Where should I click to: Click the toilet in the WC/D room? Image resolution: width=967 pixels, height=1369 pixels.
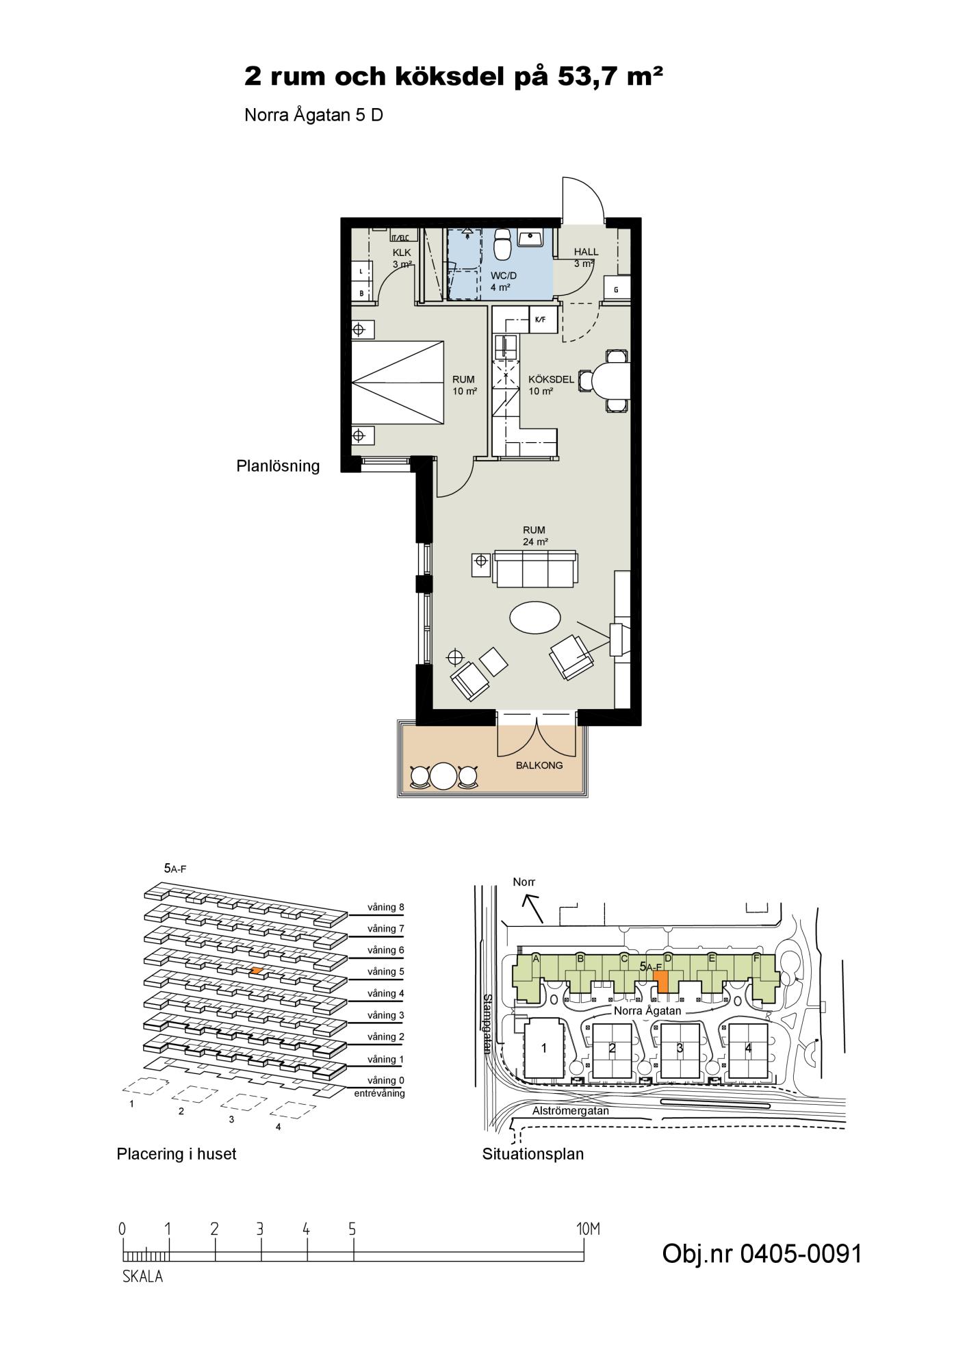point(503,244)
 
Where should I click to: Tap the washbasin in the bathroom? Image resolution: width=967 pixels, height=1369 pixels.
point(530,238)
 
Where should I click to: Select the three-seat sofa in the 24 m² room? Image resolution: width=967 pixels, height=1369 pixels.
point(536,569)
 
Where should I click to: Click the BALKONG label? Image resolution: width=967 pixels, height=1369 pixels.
point(539,765)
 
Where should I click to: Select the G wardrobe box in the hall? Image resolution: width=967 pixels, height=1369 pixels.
point(615,289)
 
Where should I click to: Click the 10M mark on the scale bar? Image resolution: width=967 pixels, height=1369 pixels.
point(588,1229)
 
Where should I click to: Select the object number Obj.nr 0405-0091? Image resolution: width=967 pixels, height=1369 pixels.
point(762,1253)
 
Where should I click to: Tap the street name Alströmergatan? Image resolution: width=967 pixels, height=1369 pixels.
point(570,1111)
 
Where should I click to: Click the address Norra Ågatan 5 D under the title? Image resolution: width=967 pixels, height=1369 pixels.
point(313,115)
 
